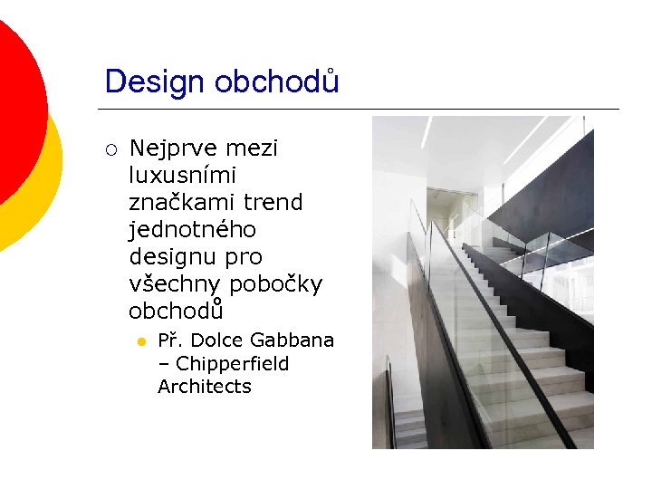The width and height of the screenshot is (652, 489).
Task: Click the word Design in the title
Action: [156, 81]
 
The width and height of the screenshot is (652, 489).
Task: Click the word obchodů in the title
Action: [277, 81]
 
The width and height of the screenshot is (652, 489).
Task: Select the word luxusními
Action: [182, 175]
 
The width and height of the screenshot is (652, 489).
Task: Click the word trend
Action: [273, 202]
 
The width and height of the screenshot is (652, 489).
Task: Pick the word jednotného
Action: [192, 229]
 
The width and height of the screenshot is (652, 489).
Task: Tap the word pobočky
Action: [275, 283]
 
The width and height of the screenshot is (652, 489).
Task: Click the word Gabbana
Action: [292, 340]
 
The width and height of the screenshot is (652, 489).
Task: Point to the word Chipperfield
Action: [233, 364]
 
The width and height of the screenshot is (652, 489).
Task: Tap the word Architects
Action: [205, 387]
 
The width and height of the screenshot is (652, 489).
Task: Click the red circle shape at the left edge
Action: [16, 109]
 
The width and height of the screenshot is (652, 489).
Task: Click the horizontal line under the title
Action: [362, 109]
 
